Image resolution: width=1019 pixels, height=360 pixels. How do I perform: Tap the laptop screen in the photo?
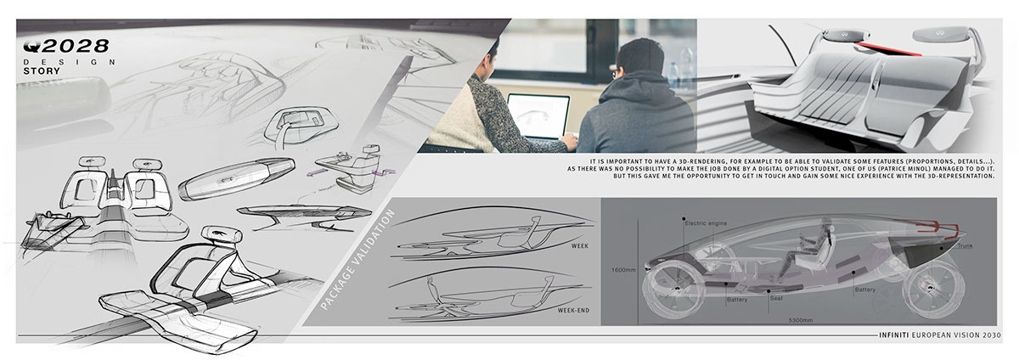[x=538, y=116]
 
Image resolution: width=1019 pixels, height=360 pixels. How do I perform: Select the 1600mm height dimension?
[x=623, y=271]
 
